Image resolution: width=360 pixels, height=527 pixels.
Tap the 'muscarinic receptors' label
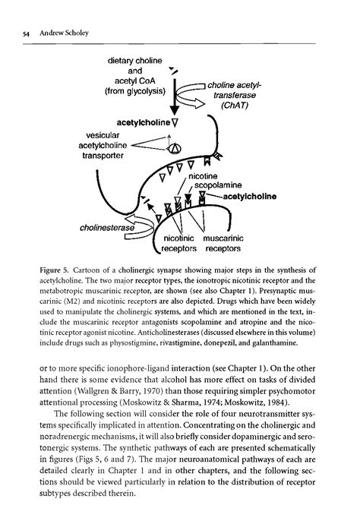pyautogui.click(x=221, y=242)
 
